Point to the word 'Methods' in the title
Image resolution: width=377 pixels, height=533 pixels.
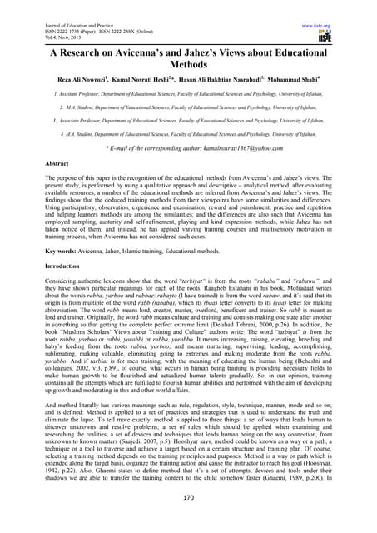click(x=189, y=65)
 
